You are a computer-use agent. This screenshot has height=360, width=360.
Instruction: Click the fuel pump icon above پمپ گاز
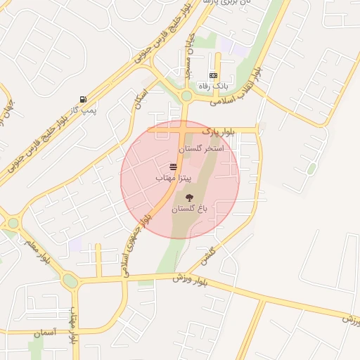tap(84, 99)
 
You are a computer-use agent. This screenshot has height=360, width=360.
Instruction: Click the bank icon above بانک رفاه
tap(213, 75)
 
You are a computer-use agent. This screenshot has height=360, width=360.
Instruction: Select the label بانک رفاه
tap(214, 86)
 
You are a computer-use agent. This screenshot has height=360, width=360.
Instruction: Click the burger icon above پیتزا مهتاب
tap(173, 167)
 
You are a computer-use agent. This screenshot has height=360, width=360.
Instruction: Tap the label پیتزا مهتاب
tap(174, 179)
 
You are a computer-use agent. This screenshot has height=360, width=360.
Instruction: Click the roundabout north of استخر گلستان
tap(186, 96)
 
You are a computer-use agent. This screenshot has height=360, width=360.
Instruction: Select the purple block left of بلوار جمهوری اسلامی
tap(75, 244)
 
